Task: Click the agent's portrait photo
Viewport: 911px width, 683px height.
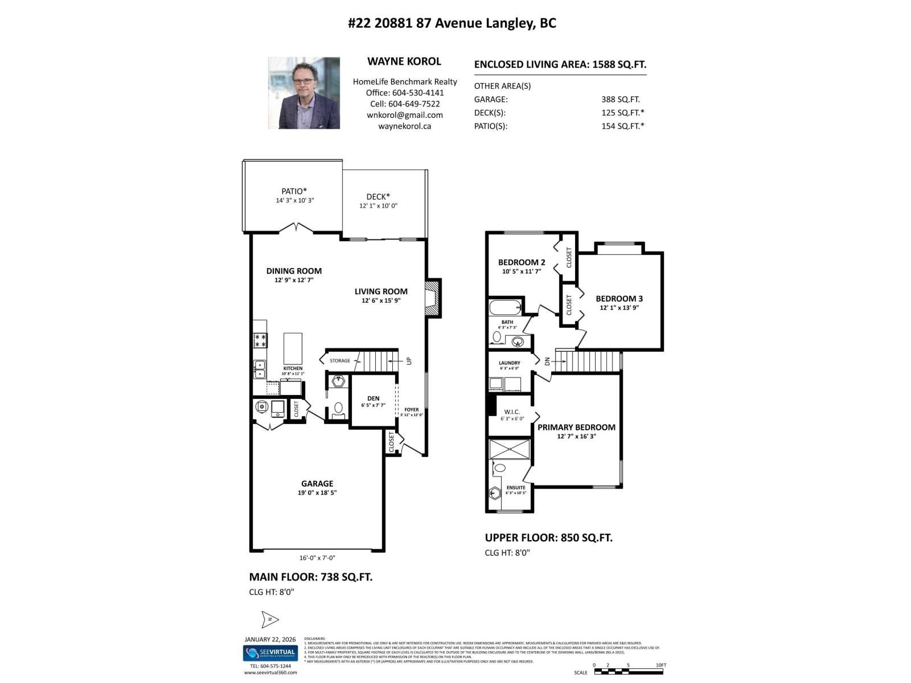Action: point(304,93)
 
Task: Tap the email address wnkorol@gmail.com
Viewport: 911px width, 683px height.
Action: point(404,115)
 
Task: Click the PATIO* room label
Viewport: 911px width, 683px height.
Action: point(294,191)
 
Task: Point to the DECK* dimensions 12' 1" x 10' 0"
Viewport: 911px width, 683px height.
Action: point(378,206)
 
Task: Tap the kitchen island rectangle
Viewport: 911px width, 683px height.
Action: point(293,348)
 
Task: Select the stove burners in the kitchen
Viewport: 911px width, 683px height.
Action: point(260,340)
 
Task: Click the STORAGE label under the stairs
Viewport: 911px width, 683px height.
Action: point(340,361)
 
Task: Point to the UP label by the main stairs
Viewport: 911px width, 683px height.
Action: point(409,361)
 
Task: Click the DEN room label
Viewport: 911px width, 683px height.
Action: point(373,398)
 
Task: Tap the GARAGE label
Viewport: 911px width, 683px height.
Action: point(317,484)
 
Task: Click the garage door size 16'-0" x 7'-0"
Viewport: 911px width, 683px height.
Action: point(317,558)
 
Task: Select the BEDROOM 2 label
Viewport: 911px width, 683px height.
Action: point(522,262)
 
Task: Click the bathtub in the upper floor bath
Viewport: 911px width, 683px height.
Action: point(506,307)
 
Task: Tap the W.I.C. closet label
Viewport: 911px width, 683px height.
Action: point(512,412)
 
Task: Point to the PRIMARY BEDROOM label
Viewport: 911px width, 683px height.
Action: point(576,427)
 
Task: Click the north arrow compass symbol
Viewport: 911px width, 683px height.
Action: point(270,619)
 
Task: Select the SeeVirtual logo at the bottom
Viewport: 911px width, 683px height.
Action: point(270,652)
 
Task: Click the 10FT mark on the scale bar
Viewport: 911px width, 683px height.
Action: point(660,665)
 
